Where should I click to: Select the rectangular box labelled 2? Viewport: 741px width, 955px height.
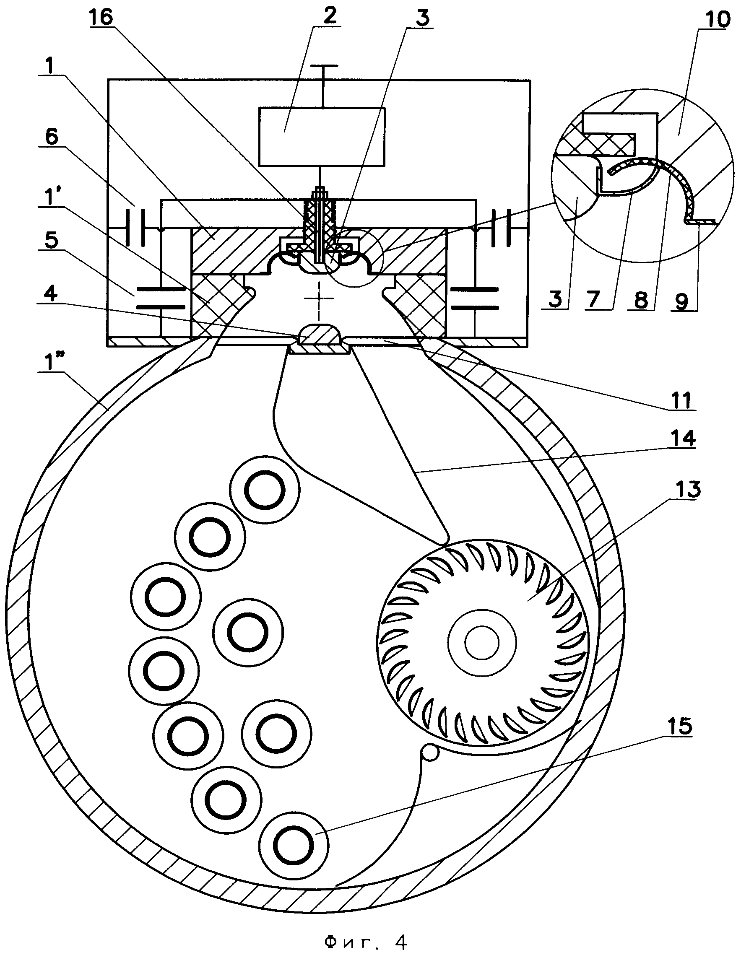322,137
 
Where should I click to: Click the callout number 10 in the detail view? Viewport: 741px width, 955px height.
718,19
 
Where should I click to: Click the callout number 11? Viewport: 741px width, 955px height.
681,399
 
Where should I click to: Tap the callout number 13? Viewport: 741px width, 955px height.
688,490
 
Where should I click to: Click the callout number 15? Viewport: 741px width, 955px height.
681,726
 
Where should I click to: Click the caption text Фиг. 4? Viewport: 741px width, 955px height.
366,939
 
